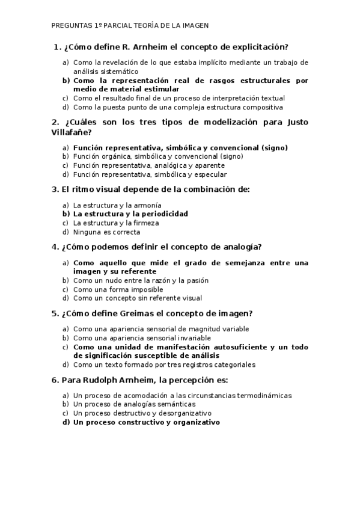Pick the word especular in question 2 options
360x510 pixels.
(210, 174)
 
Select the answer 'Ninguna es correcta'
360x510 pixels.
(106, 232)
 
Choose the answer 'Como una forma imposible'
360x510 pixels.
(118, 289)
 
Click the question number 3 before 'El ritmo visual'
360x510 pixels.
(54, 189)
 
